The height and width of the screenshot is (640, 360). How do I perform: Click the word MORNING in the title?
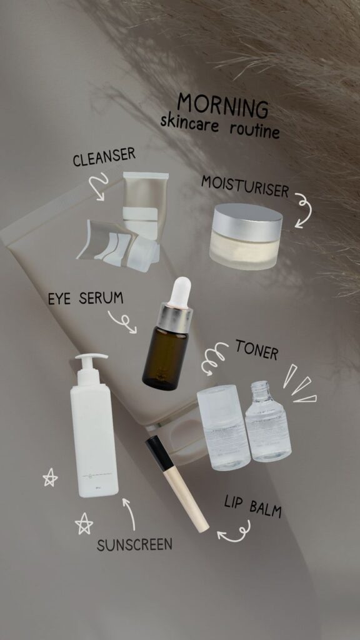222,106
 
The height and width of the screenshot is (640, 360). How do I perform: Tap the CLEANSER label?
104,156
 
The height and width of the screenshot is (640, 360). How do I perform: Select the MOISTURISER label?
245,186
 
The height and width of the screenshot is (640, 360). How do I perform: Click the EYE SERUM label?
85,299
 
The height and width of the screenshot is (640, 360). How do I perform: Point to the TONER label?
257,350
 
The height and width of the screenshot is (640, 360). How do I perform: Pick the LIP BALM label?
252,506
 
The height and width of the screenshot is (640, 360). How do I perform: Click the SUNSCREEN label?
134,544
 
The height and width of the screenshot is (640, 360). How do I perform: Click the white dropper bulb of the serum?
179,292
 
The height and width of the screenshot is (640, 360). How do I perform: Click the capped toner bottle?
223,427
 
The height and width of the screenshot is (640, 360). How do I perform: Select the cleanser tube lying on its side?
117,246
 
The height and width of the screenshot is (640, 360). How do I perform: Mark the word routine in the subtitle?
255,129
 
